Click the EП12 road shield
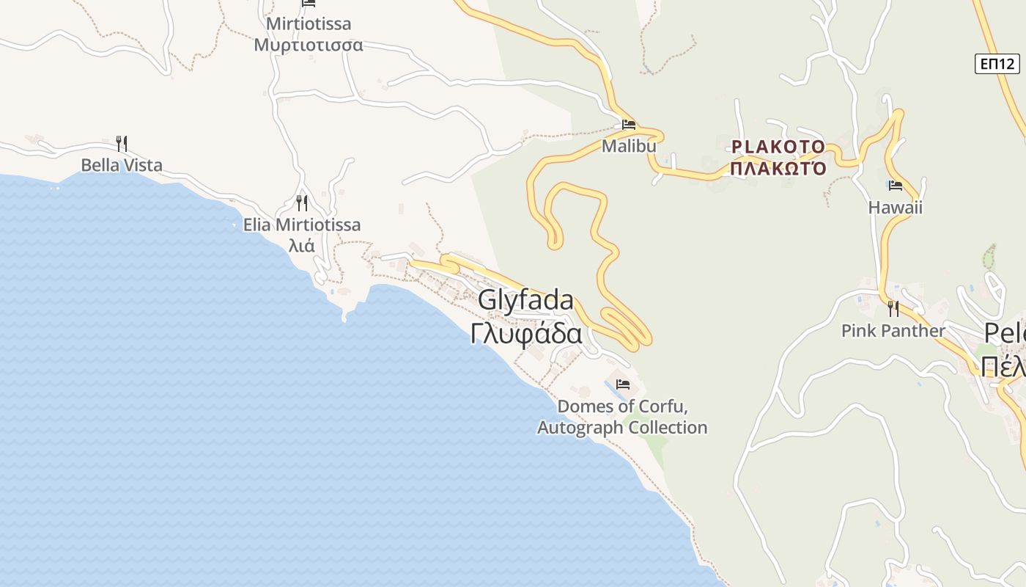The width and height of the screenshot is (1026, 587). pos(997,64)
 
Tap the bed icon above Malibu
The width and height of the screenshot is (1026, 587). pos(628,125)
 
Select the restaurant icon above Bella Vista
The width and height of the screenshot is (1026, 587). pos(122,143)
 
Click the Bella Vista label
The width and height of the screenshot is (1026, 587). pos(122,165)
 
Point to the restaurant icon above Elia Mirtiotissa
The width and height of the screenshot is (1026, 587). pos(301,203)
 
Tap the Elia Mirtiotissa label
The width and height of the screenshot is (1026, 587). pos(302,225)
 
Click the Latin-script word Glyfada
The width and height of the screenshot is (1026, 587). pos(525,300)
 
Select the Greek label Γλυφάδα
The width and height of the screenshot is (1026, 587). pos(526,333)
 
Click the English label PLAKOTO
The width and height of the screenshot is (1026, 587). pos(778,147)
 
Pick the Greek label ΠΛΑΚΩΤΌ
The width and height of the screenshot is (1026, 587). pos(778,169)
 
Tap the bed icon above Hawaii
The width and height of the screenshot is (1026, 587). pos(895,186)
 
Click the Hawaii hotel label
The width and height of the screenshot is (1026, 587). pos(895,208)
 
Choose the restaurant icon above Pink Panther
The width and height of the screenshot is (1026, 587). pos(893,309)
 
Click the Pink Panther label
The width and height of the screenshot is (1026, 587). pos(893,331)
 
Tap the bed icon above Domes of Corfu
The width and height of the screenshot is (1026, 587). pos(623,384)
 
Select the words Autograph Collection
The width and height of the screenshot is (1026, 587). pos(622,428)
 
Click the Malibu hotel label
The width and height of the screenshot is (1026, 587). pos(628,146)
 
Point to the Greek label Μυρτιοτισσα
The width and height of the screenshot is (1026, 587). pos(309,45)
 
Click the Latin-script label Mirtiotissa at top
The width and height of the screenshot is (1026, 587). pos(309,23)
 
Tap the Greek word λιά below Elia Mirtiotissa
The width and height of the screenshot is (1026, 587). pos(301,245)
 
